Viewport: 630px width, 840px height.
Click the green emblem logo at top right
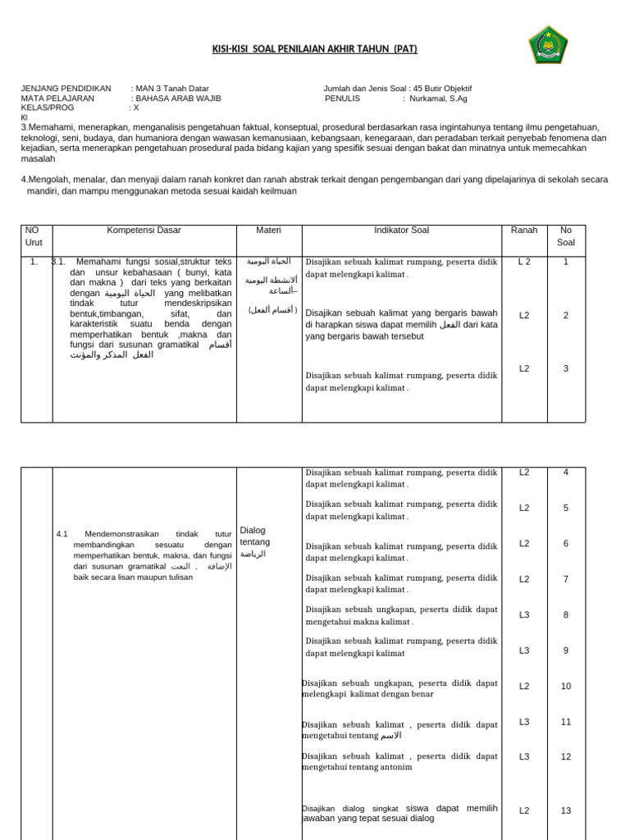(x=547, y=45)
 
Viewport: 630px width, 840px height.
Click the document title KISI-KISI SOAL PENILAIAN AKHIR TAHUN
(x=315, y=49)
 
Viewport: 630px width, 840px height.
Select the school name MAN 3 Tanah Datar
(x=172, y=89)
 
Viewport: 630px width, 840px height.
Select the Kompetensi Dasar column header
(x=144, y=231)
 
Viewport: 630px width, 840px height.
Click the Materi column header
(x=268, y=231)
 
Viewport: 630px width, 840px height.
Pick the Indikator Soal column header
(x=401, y=231)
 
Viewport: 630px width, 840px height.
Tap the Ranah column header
(x=523, y=231)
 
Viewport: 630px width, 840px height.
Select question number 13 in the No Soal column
(x=565, y=810)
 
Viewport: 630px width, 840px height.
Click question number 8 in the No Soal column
(x=565, y=614)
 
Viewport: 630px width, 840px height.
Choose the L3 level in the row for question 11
(x=523, y=722)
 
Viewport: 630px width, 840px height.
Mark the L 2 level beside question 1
(x=523, y=262)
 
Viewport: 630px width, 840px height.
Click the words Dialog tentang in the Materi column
(x=255, y=536)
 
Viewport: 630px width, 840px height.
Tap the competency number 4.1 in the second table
(x=62, y=534)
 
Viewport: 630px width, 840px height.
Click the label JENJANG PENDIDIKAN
(x=66, y=89)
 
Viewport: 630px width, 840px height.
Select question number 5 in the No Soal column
(x=565, y=508)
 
